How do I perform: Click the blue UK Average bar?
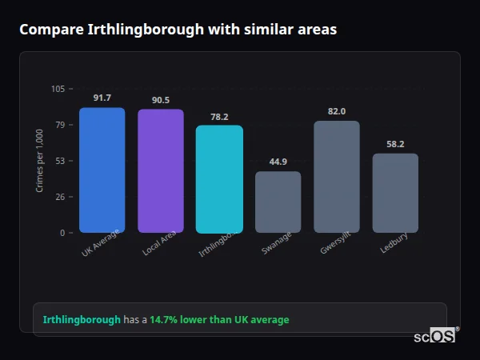(102, 170)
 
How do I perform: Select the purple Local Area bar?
(160, 171)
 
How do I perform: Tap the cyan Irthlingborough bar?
(219, 179)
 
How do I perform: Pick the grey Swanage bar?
(278, 202)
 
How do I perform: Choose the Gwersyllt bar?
(337, 177)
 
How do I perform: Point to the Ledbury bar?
(395, 193)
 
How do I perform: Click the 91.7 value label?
(102, 98)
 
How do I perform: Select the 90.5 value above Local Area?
(160, 100)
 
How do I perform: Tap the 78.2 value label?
(219, 116)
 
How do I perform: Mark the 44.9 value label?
(278, 162)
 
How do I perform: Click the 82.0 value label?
(337, 111)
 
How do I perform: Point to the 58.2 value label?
(395, 144)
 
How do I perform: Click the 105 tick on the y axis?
(58, 89)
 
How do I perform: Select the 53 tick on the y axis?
(60, 161)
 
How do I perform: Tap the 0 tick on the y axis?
(62, 233)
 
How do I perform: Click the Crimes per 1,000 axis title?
(40, 161)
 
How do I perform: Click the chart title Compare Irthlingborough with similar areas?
(178, 30)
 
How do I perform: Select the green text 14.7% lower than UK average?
(219, 320)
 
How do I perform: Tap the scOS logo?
(435, 336)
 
